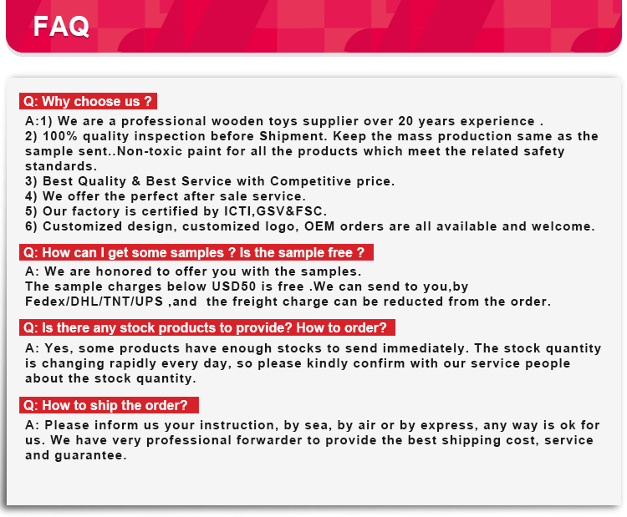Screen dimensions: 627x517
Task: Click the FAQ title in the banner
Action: [x=61, y=27]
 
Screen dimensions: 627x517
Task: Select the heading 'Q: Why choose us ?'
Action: [x=88, y=101]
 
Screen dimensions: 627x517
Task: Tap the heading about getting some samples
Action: [x=196, y=252]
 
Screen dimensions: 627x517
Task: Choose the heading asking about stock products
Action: [x=207, y=327]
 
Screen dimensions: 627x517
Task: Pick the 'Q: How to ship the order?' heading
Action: [x=109, y=405]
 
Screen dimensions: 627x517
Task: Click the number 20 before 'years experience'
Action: [x=405, y=121]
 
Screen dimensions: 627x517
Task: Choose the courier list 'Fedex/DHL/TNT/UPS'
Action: [x=94, y=302]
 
